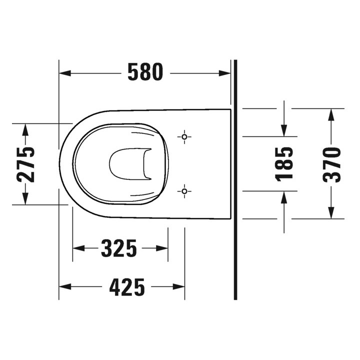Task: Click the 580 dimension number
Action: [x=145, y=73]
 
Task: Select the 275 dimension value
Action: [x=24, y=164]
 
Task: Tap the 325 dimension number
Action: [x=119, y=248]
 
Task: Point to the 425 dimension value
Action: [x=127, y=287]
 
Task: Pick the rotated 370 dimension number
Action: [x=331, y=164]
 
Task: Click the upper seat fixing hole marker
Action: [x=184, y=136]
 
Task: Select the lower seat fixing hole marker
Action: [x=184, y=190]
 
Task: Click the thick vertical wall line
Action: [x=235, y=200]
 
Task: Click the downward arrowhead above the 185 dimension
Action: [x=284, y=130]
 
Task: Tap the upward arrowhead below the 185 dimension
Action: [x=284, y=196]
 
